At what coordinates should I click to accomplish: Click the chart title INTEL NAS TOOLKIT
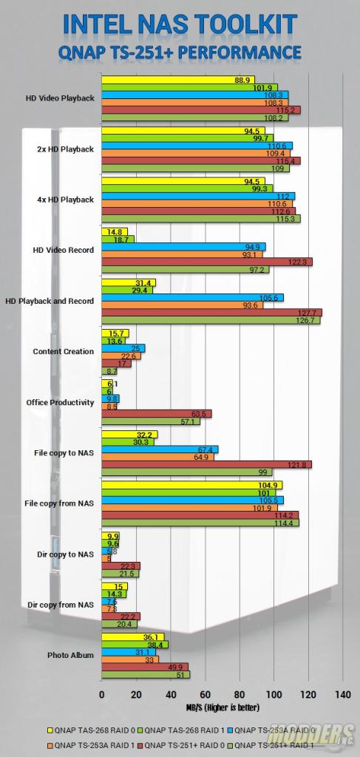pos(180,24)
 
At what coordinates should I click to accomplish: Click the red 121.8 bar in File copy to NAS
pos(206,464)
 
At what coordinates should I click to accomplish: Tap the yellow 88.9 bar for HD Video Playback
pos(177,80)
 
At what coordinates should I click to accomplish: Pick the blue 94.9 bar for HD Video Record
pos(183,246)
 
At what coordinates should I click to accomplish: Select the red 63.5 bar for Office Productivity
pos(156,413)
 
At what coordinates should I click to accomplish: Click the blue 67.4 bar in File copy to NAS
pos(159,449)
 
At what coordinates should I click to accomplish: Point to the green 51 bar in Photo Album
pos(145,673)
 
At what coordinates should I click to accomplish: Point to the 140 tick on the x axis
pos(342,694)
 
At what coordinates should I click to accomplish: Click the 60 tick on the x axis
pos(205,694)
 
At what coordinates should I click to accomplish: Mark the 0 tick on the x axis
pos(101,694)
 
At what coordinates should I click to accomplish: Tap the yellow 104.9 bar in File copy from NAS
pos(191,485)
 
